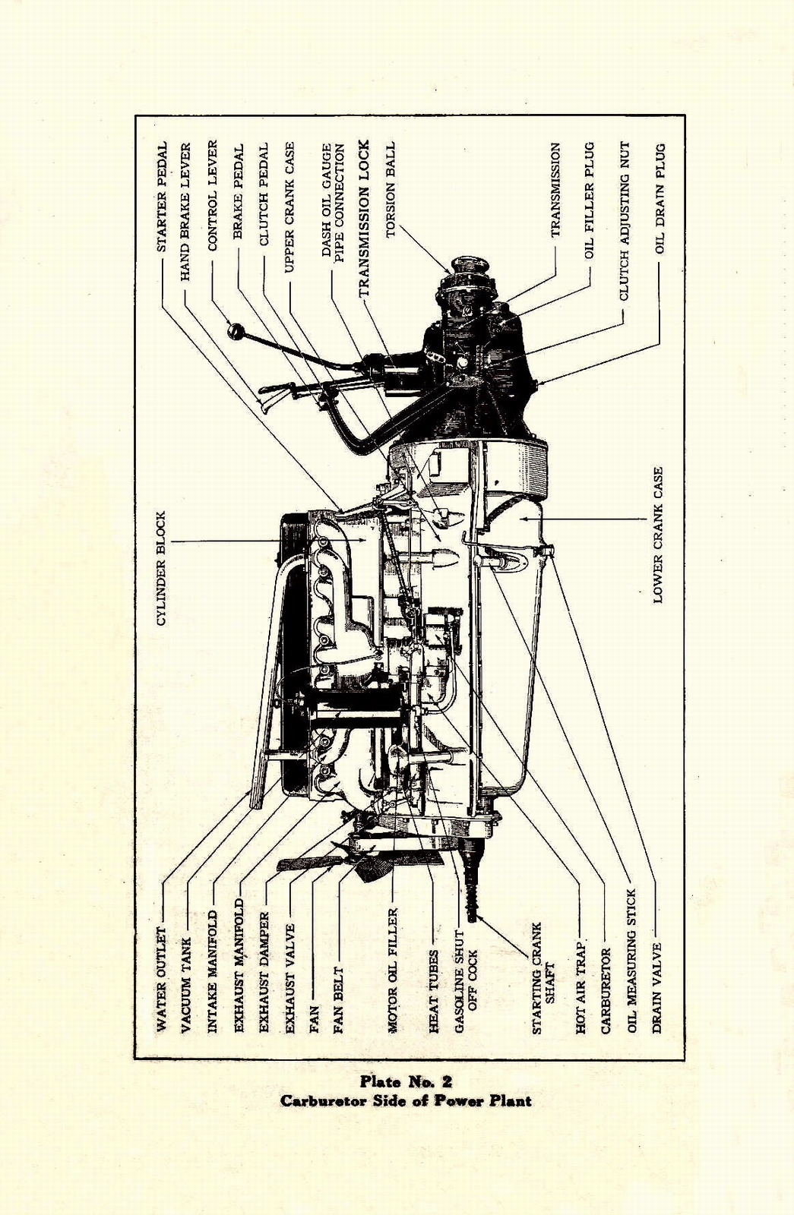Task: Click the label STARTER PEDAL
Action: [162, 197]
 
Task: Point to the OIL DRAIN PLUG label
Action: [660, 198]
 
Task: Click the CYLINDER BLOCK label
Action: [161, 568]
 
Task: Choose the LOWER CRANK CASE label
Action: [658, 535]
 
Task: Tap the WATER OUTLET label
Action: [161, 979]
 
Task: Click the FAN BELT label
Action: [339, 1000]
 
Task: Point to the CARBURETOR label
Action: [606, 991]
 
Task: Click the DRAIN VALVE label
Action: [658, 987]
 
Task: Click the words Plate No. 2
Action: [406, 1081]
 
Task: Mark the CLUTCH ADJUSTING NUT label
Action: [624, 220]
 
